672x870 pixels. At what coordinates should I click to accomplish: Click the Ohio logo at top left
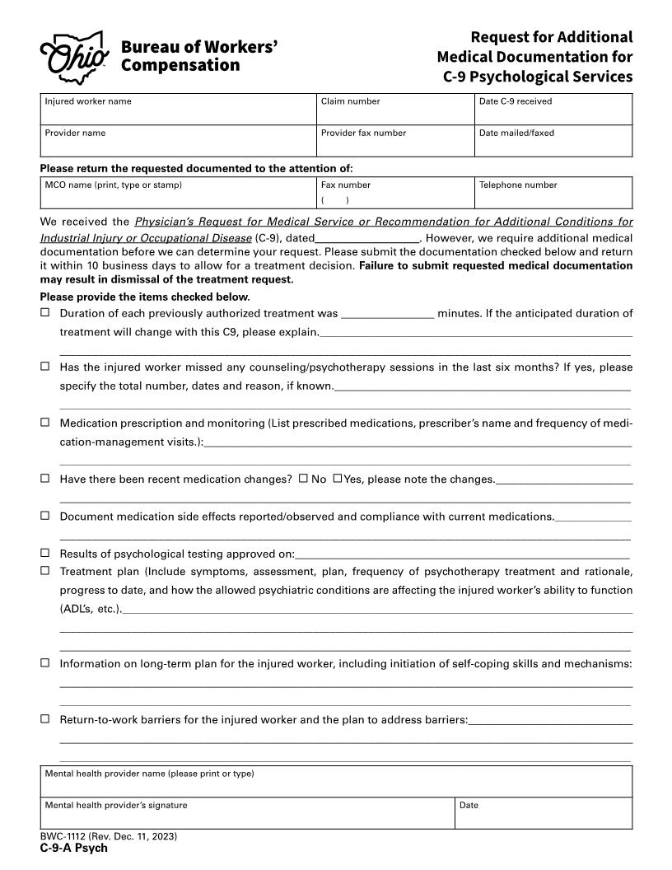[74, 54]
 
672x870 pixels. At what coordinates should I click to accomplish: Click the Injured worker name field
[179, 114]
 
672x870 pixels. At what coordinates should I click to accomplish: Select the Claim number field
[394, 114]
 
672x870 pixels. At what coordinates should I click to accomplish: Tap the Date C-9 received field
[553, 114]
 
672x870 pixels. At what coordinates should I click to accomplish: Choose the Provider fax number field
[394, 145]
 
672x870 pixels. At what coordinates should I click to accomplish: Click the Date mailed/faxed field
[553, 145]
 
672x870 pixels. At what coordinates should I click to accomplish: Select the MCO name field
[179, 197]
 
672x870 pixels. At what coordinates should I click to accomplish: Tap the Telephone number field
[553, 197]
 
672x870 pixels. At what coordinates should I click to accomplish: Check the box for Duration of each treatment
[45, 313]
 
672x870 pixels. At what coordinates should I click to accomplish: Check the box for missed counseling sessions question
[45, 367]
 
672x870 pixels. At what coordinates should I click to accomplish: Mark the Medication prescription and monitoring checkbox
[45, 422]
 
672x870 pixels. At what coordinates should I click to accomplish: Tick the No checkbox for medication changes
[303, 478]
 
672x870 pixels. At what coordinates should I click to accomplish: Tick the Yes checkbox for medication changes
[338, 478]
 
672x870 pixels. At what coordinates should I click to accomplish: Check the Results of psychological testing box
[45, 553]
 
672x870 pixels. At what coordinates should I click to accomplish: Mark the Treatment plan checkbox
[45, 570]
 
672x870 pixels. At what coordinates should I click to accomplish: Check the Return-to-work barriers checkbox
[45, 718]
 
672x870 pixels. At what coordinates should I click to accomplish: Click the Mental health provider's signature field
[247, 816]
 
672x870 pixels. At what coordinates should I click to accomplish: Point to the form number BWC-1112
[108, 837]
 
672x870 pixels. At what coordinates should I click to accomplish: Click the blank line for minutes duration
[387, 314]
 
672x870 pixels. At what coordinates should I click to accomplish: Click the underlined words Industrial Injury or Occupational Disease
[146, 237]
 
